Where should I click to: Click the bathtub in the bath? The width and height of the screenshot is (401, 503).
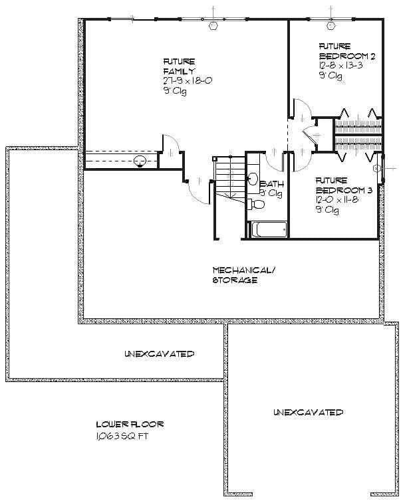268,230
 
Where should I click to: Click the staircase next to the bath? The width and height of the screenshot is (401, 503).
228,178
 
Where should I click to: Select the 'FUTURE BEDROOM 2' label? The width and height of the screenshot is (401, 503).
344,52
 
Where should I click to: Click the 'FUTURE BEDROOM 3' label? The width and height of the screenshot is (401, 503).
340,185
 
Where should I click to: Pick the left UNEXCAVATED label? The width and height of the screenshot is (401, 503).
159,353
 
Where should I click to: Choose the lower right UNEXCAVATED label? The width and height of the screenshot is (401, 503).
307,413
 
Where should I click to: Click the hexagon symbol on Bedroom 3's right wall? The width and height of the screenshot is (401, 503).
378,169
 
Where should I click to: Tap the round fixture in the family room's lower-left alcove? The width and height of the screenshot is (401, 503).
140,161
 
